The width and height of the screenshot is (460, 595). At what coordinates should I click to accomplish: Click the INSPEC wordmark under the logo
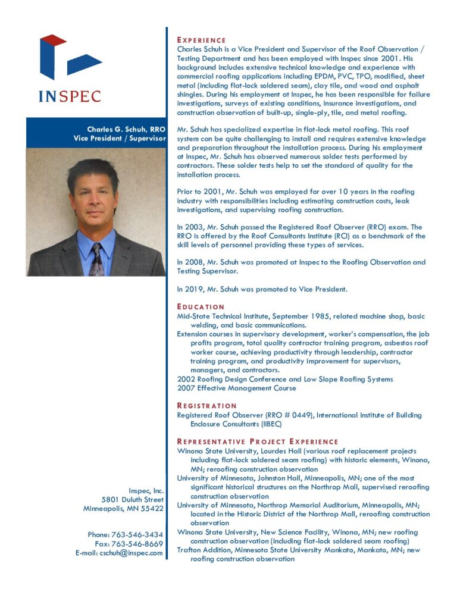pyautogui.click(x=70, y=96)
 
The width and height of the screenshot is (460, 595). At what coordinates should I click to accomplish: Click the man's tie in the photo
pyautogui.click(x=96, y=258)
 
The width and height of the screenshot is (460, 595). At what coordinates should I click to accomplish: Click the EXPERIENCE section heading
pyautogui.click(x=201, y=40)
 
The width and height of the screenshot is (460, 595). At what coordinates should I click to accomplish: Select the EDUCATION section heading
pyautogui.click(x=201, y=307)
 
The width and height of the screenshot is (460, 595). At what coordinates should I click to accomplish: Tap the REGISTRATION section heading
pyautogui.click(x=206, y=406)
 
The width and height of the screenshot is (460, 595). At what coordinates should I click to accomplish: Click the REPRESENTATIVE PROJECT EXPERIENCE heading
pyautogui.click(x=258, y=441)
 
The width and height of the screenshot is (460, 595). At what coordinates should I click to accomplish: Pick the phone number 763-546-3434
pyautogui.click(x=137, y=535)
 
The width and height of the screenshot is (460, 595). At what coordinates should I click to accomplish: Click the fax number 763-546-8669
pyautogui.click(x=137, y=544)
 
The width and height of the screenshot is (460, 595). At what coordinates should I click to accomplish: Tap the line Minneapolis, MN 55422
pyautogui.click(x=123, y=509)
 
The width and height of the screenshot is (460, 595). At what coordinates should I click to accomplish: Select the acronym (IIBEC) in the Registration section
pyautogui.click(x=268, y=424)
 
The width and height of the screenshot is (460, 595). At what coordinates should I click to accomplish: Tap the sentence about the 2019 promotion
pyautogui.click(x=262, y=289)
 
